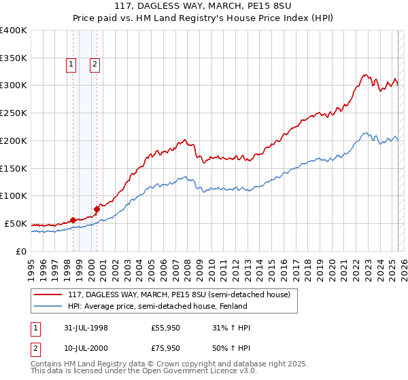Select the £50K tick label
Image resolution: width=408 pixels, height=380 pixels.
16,223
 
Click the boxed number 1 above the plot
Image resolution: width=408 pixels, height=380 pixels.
71,65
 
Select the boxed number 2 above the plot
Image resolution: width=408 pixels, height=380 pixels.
95,65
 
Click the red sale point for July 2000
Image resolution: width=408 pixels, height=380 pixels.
97,208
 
